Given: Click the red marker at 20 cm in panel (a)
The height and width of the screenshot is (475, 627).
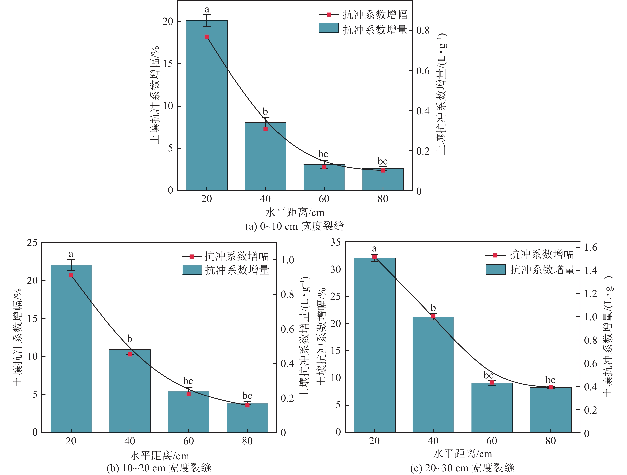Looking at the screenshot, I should tap(207, 37).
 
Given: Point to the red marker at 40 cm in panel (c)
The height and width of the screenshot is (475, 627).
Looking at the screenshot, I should tap(433, 316).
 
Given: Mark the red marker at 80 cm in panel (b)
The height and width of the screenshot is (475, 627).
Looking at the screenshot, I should tap(247, 405).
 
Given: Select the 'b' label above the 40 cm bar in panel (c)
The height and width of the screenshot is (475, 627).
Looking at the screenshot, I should tap(433, 308).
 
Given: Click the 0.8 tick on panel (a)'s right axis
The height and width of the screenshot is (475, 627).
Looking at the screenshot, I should tap(423, 30).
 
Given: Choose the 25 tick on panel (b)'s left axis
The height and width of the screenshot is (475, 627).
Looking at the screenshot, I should tap(32, 243).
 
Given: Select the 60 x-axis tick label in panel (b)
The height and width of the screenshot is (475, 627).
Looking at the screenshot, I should tap(188, 441).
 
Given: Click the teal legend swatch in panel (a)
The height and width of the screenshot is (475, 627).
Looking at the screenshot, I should tap(329, 28).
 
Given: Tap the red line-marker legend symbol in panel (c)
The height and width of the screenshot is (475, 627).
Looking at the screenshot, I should tap(495, 255).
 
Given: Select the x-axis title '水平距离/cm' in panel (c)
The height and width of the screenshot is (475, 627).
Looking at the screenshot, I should tap(462, 454).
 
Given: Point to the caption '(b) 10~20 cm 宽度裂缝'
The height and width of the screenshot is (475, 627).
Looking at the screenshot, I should tap(159, 468).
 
